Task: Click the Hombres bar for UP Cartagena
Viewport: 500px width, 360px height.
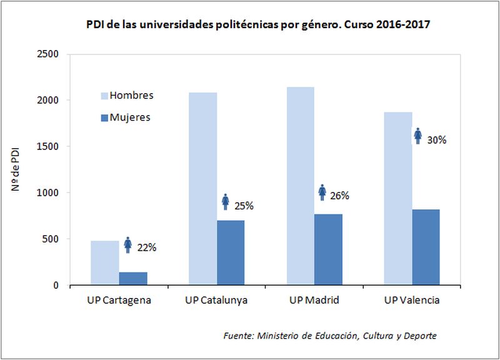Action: coord(104,263)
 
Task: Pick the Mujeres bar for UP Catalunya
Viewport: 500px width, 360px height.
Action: coord(231,253)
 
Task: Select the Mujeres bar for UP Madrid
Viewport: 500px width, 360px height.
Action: coord(328,250)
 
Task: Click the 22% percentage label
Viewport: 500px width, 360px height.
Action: coord(147,247)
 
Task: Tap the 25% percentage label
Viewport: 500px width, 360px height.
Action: coord(244,205)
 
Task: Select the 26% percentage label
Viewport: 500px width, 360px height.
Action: coord(339,196)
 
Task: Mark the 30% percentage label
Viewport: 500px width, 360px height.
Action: coord(436,140)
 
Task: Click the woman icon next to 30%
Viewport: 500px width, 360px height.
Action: coord(418,136)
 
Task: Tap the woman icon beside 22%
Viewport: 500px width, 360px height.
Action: coord(128,244)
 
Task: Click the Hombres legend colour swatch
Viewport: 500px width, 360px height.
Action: coord(104,96)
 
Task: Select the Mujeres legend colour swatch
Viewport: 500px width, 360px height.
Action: coord(104,117)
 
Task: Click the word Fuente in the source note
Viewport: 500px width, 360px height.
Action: coord(237,336)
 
